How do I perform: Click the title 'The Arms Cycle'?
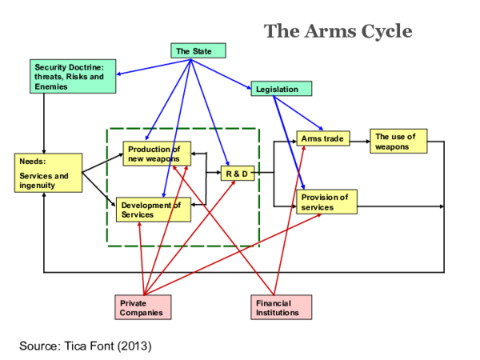338,31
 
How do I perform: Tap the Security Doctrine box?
73,76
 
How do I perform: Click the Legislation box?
280,89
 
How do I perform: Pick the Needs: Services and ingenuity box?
48,173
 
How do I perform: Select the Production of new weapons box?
156,154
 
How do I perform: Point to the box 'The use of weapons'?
398,141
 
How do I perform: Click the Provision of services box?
326,202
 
